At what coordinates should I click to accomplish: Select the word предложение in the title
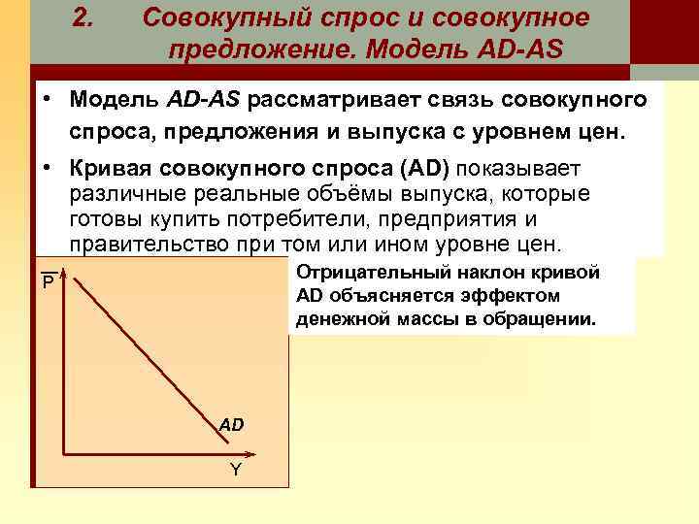(x=257, y=48)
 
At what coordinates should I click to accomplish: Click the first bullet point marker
(x=46, y=101)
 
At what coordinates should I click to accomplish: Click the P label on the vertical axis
(x=47, y=284)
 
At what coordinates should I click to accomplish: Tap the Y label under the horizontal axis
(x=235, y=471)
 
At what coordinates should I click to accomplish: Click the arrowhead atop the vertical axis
(x=62, y=272)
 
